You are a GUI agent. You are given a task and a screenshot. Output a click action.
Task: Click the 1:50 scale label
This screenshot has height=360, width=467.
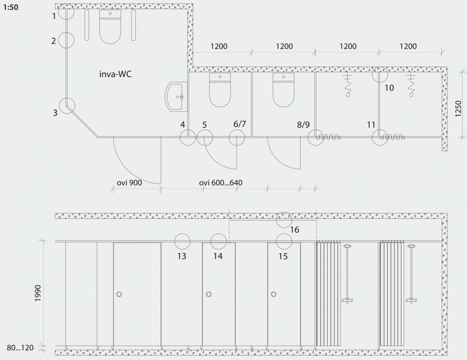pyautogui.click(x=11, y=7)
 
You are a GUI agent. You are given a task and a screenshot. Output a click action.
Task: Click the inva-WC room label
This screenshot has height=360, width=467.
pyautogui.click(x=115, y=74)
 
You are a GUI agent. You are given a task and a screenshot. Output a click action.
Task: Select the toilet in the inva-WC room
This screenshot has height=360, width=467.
pyautogui.click(x=110, y=27)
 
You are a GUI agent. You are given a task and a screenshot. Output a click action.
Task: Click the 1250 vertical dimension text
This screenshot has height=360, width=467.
pyautogui.click(x=458, y=109)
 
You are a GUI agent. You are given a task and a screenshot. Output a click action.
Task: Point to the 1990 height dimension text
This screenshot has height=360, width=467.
pyautogui.click(x=37, y=293)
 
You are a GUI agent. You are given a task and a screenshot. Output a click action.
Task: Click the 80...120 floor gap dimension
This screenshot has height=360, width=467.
pyautogui.click(x=20, y=347)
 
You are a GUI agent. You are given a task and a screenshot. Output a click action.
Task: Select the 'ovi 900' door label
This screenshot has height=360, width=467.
pyautogui.click(x=129, y=183)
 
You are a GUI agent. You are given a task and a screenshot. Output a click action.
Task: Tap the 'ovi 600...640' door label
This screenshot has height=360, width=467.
pyautogui.click(x=221, y=183)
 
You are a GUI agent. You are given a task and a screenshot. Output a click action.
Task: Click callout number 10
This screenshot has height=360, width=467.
pyautogui.click(x=389, y=88)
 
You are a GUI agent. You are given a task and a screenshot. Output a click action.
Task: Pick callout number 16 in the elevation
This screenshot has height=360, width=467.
pyautogui.click(x=295, y=230)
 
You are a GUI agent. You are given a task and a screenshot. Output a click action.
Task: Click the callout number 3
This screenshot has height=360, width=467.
pyautogui.click(x=55, y=113)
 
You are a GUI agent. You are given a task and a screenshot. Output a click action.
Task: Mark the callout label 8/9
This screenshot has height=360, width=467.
pyautogui.click(x=303, y=125)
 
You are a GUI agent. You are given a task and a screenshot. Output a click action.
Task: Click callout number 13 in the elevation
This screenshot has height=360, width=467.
pyautogui.click(x=182, y=256)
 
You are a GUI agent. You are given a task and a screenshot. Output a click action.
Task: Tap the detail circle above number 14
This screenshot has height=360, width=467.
pyautogui.click(x=218, y=234)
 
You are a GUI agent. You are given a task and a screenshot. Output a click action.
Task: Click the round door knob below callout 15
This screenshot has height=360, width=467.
pyautogui.click(x=274, y=294)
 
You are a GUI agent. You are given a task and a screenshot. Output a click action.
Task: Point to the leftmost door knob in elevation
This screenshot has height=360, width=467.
pyautogui.click(x=119, y=294)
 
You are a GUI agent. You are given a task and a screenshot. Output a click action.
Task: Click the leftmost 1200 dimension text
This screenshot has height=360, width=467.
pyautogui.click(x=219, y=46)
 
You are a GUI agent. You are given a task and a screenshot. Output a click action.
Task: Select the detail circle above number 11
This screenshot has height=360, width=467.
pyautogui.click(x=380, y=130)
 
